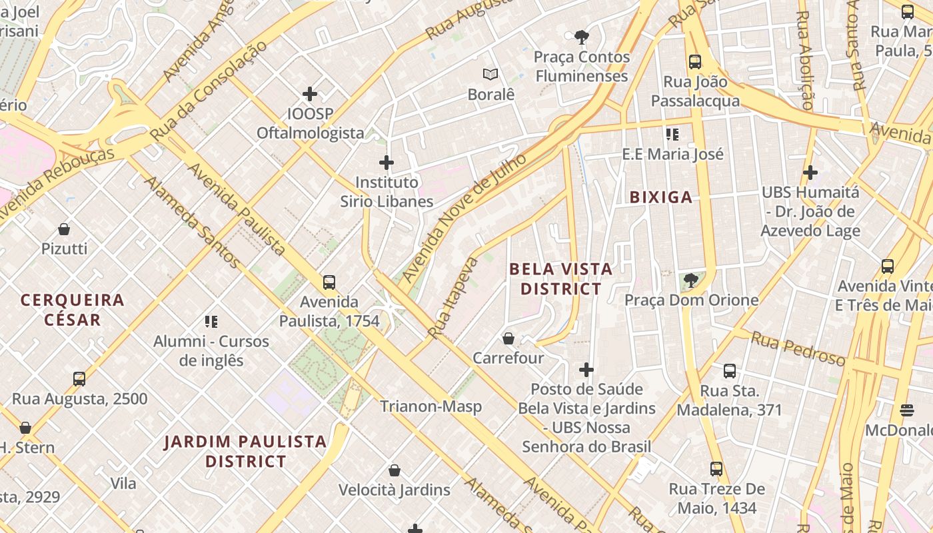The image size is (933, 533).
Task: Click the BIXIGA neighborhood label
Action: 661,197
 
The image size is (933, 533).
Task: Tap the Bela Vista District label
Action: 560,279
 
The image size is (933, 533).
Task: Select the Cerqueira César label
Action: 73,309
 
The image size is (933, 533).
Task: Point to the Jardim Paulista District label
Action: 245,451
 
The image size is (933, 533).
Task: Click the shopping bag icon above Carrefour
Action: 508,338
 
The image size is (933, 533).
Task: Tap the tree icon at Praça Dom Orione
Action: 691,280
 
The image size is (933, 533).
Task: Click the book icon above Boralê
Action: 491,75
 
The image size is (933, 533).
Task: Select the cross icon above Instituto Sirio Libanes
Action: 387,163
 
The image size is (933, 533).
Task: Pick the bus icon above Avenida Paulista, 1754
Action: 329,282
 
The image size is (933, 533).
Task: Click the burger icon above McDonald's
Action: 906,410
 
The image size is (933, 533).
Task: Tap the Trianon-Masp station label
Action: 431,406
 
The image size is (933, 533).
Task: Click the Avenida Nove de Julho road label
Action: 464,216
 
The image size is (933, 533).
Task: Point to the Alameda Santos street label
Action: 191,221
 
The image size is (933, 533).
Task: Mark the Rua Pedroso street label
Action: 798,348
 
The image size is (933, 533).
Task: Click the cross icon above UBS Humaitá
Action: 810,173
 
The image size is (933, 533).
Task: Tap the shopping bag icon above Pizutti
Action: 64,229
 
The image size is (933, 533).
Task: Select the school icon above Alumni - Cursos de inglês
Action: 211,322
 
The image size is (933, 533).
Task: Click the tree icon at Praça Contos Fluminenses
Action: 582,37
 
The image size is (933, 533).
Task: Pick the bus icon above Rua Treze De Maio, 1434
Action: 716,469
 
